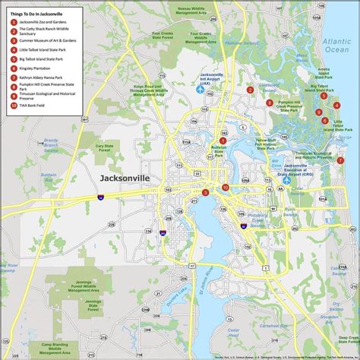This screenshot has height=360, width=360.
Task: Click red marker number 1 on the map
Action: coord(223,141)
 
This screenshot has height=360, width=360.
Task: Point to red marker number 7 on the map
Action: coord(340,160)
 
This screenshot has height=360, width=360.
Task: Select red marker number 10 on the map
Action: coord(226,187)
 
